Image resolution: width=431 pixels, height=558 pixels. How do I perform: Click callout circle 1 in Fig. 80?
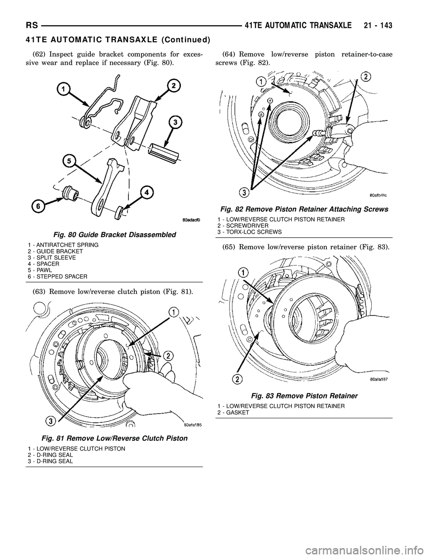click(x=64, y=90)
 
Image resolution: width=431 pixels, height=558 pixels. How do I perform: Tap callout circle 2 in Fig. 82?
click(x=366, y=77)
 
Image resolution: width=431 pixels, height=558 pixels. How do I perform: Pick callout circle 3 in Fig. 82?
click(x=244, y=193)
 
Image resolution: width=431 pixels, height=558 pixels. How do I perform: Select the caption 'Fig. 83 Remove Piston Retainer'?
click(x=304, y=396)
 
